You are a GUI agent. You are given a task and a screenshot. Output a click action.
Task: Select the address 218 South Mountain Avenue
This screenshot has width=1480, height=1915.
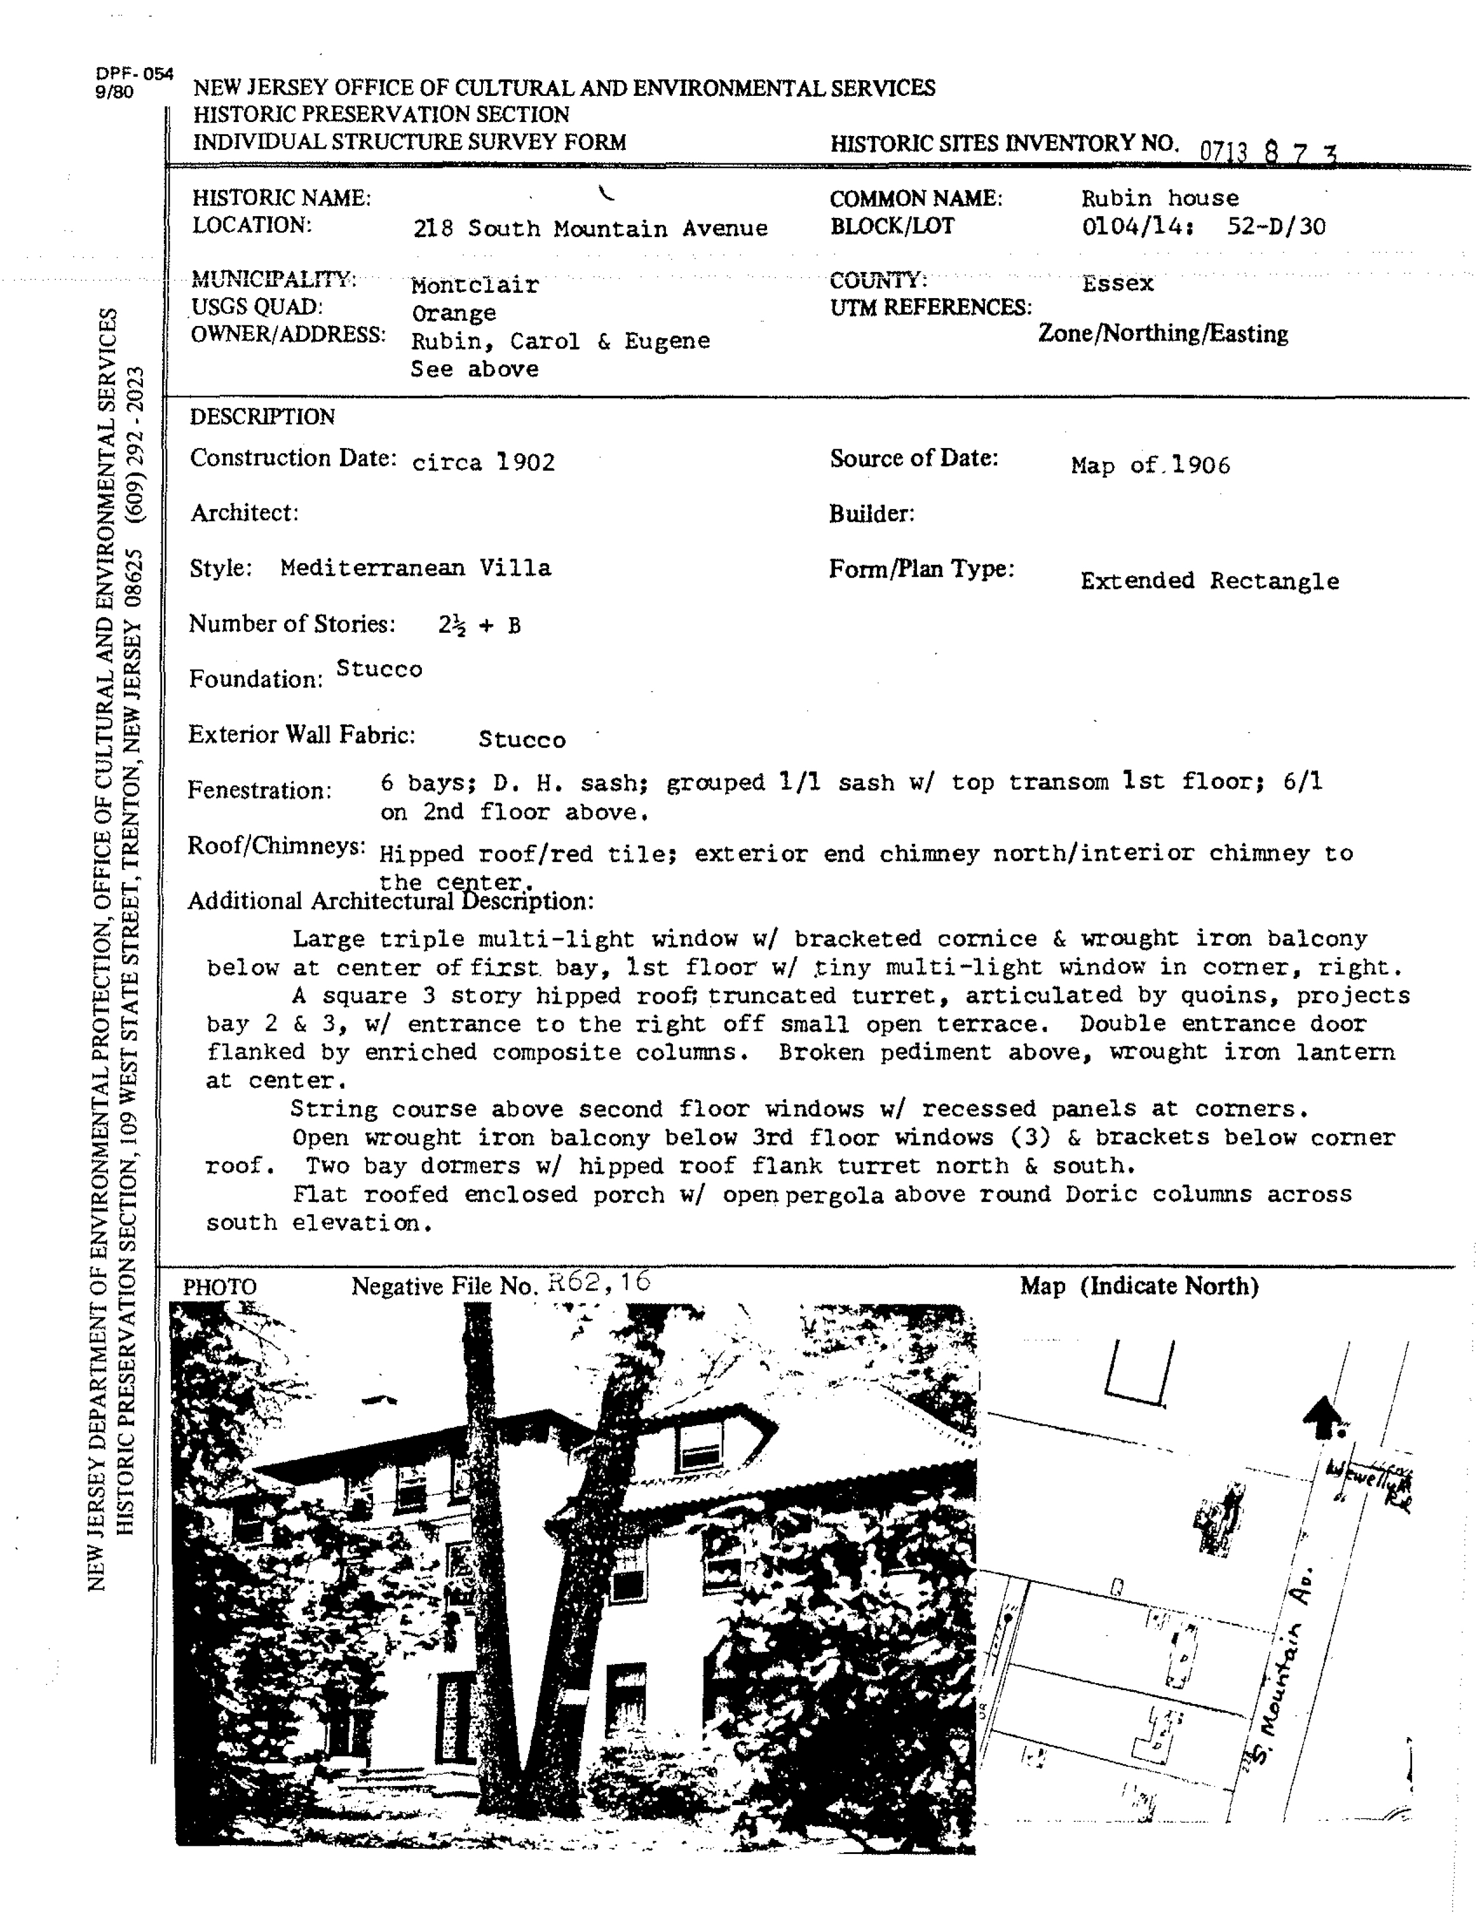click(x=590, y=229)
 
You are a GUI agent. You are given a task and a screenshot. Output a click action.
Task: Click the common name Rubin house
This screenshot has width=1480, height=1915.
click(x=1159, y=198)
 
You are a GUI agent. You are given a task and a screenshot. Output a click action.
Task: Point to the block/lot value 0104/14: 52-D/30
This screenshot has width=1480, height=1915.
click(x=1203, y=227)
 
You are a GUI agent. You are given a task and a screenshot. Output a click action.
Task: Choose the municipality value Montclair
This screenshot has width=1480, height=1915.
click(x=474, y=285)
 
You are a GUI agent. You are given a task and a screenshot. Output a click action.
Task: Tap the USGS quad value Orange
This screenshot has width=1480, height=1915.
click(x=453, y=313)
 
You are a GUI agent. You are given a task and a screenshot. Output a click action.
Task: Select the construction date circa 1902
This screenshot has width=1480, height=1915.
click(x=483, y=462)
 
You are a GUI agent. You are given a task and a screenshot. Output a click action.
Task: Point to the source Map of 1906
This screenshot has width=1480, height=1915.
click(x=1149, y=465)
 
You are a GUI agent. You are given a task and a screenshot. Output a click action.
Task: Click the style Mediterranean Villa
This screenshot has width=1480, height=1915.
click(x=415, y=568)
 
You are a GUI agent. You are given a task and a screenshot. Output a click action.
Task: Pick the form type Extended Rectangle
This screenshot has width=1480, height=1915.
click(x=1209, y=581)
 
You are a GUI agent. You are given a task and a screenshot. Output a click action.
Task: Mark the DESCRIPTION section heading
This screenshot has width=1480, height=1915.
click(x=262, y=417)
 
